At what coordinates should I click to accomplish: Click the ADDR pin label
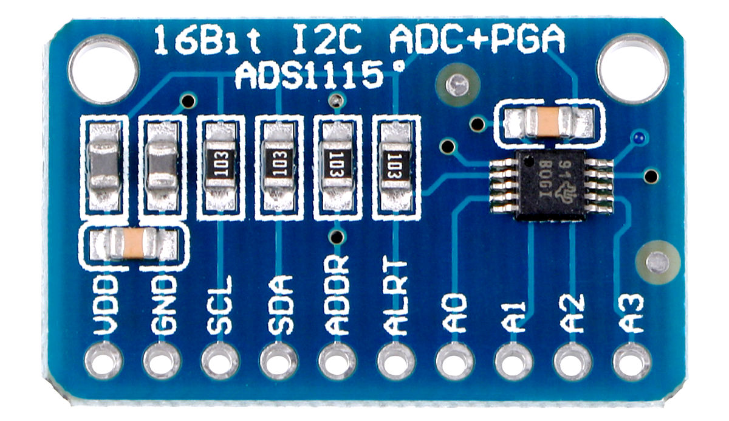[x=337, y=295]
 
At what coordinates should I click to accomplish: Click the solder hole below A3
[x=631, y=361]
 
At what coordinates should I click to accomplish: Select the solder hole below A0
[x=454, y=361]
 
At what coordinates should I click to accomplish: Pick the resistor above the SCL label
[x=219, y=165]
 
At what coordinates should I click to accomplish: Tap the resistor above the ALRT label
[x=395, y=165]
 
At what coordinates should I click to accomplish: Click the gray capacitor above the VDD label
[x=104, y=164]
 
